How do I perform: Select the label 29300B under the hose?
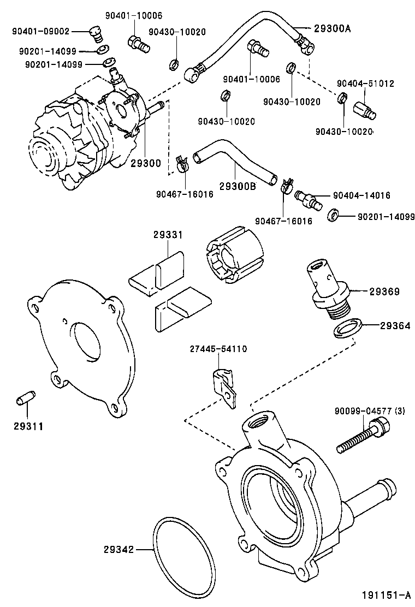click(238, 186)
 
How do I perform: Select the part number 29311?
click(28, 425)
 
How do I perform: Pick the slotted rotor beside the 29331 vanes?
click(234, 260)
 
